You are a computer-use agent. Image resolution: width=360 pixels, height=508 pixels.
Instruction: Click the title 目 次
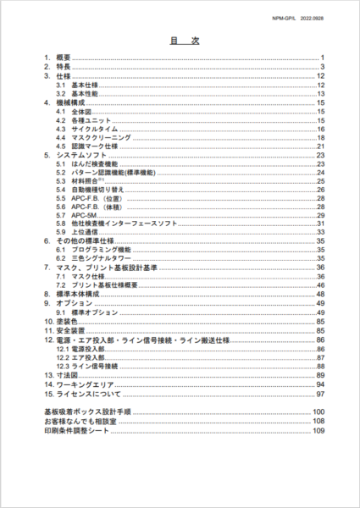point(180,40)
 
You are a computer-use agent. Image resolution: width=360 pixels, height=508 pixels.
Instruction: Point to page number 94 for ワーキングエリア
point(321,384)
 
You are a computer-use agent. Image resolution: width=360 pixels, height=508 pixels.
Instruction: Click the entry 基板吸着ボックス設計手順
point(86,412)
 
